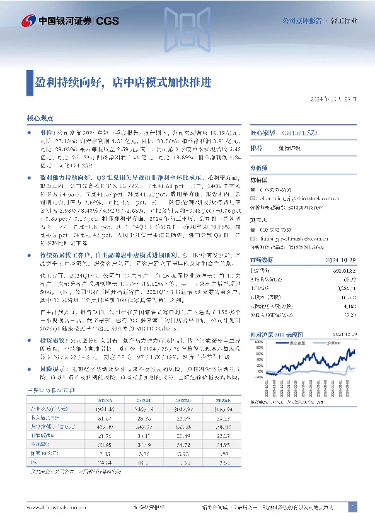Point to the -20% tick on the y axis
tap(257, 378)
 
